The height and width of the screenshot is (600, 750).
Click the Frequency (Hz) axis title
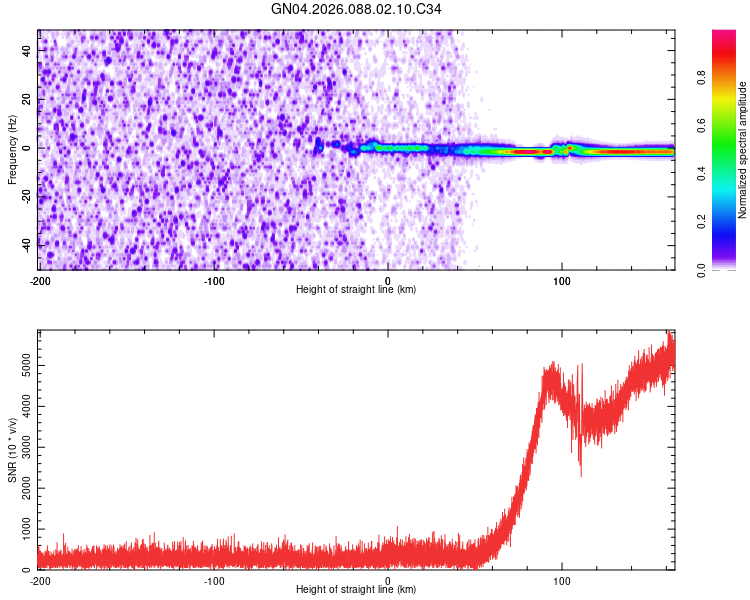(12, 149)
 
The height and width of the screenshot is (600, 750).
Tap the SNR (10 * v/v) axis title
(12, 449)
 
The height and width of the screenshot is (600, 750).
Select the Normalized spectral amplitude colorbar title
(743, 150)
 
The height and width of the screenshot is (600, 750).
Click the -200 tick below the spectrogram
(39, 280)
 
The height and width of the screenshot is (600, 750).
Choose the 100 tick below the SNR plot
(562, 580)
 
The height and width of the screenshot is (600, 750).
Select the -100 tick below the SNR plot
(213, 580)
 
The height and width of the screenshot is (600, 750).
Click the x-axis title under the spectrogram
(356, 290)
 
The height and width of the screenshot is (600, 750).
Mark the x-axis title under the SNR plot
(356, 590)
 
